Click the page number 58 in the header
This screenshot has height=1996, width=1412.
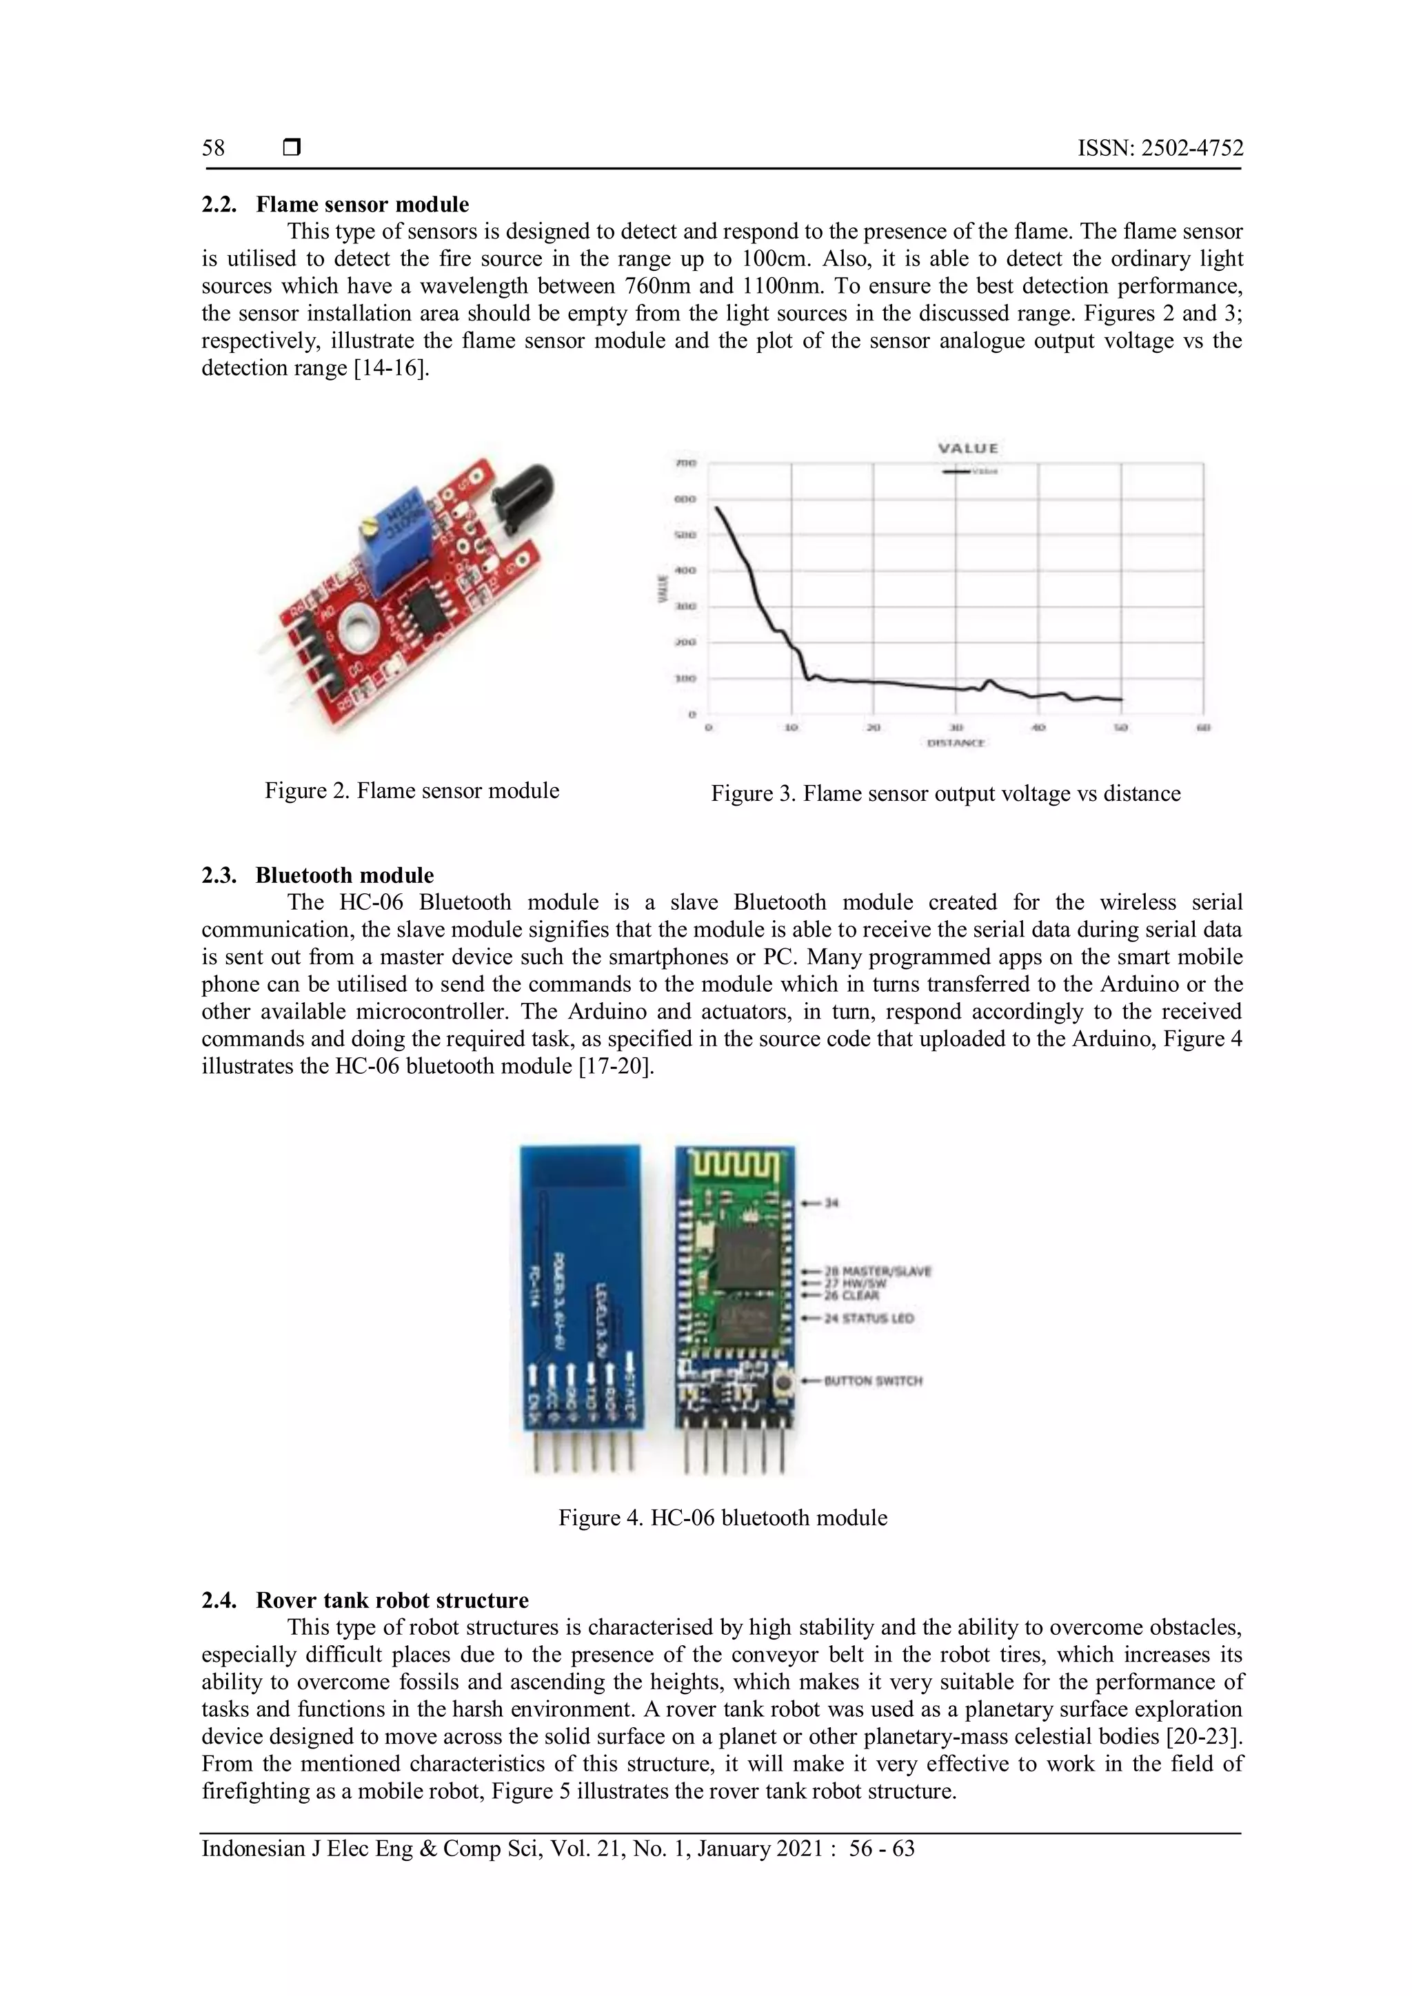point(213,147)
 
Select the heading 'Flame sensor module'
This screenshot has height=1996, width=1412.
point(362,204)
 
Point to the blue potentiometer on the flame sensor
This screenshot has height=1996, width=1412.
point(395,541)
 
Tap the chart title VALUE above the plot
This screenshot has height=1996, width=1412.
point(968,449)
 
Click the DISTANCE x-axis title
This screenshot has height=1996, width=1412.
point(956,743)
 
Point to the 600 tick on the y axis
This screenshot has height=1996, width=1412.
point(686,500)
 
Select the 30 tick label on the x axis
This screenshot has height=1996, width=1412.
point(956,726)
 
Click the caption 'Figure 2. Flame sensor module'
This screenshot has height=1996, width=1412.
point(411,791)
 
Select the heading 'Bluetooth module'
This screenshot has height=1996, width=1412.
point(344,875)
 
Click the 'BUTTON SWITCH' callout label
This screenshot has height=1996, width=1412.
point(872,1381)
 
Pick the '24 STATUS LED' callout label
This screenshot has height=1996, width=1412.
point(869,1318)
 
